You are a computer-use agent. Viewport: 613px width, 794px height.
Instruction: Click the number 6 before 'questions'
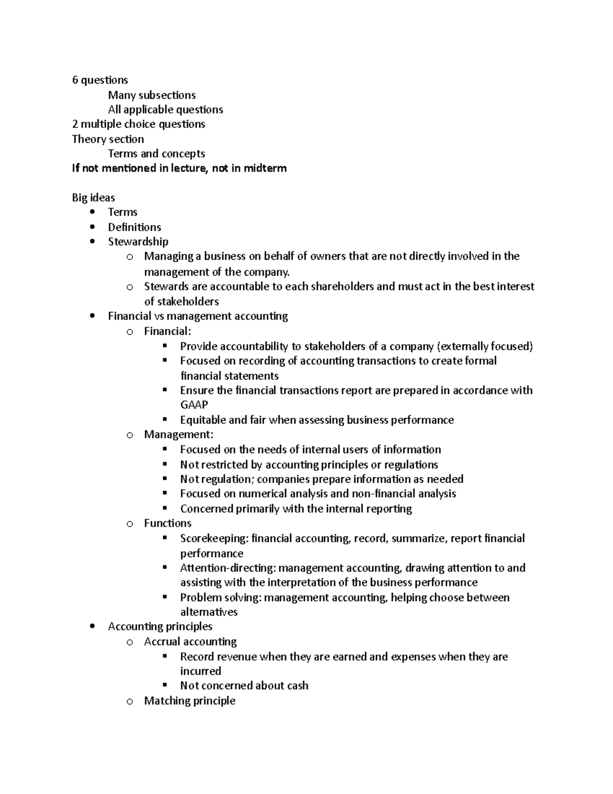75,80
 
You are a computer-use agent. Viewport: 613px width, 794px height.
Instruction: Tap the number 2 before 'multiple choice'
75,124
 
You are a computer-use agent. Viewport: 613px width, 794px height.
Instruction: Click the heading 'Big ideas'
93,198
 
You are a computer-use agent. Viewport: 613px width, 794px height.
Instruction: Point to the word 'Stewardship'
138,241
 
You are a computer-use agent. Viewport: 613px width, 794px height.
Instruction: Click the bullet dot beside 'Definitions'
92,227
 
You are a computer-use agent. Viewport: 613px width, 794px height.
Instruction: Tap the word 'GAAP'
194,405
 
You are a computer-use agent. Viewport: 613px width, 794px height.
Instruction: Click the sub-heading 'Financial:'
168,331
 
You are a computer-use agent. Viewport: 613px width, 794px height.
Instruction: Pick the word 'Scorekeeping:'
214,538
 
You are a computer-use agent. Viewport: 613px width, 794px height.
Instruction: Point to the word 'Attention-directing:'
227,568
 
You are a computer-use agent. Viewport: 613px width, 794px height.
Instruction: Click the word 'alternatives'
209,612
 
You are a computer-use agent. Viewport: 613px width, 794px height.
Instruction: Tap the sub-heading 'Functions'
168,523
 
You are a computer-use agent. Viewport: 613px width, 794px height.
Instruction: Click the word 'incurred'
201,671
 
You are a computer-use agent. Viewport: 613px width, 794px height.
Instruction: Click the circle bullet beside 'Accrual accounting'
130,642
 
